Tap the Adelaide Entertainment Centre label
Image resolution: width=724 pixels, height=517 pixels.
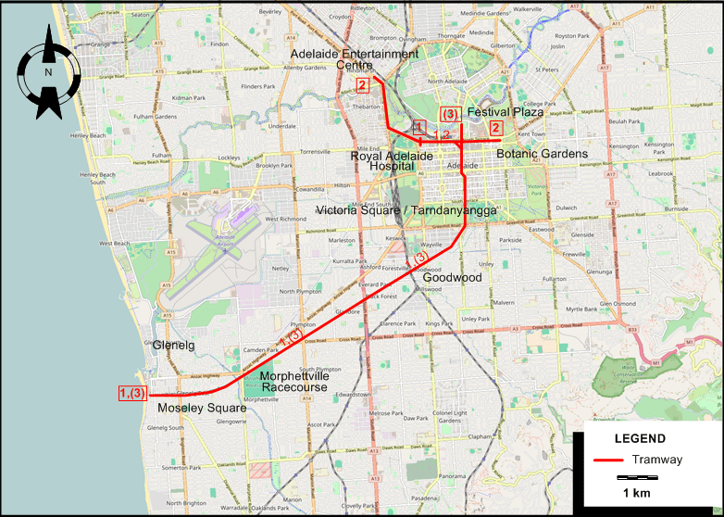click(354, 59)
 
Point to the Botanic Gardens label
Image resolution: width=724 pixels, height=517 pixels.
click(542, 154)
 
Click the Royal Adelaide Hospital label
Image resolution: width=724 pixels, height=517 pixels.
click(392, 163)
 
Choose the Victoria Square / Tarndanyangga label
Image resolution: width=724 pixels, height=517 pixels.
click(406, 211)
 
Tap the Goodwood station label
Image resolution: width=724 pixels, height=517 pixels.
click(453, 277)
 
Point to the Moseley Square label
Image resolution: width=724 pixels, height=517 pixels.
click(202, 408)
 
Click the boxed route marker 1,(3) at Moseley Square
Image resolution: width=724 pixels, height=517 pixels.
click(132, 394)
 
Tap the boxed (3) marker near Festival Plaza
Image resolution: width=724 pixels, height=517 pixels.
click(450, 114)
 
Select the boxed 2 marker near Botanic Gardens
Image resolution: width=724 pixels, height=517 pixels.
click(496, 128)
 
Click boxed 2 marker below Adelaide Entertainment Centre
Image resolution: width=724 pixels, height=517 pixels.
click(362, 86)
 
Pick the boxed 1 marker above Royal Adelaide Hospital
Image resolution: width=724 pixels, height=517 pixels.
click(418, 127)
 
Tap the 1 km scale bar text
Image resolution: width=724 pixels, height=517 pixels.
click(637, 491)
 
